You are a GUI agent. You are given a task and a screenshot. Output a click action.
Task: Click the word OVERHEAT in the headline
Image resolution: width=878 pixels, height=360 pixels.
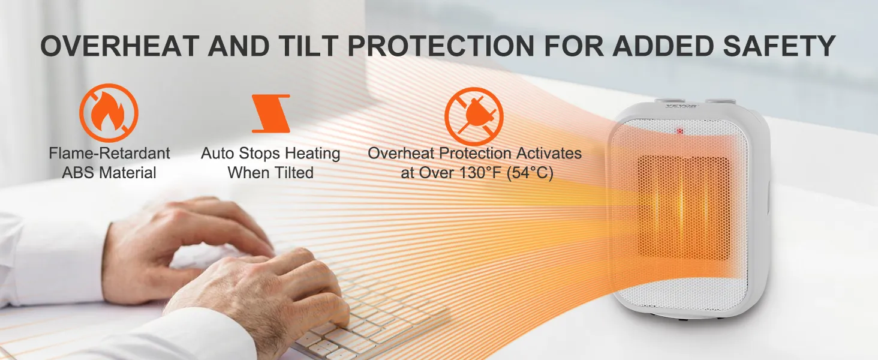pos(119,46)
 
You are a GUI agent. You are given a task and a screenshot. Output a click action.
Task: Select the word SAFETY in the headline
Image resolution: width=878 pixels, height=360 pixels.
pos(779,46)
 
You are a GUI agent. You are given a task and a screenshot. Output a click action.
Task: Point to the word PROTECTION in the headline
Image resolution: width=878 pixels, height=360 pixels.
pos(441,46)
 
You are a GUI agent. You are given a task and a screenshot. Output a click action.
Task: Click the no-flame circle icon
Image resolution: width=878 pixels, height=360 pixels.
pos(109,113)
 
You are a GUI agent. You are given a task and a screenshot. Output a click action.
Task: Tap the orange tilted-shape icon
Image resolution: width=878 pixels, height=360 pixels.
pos(271,113)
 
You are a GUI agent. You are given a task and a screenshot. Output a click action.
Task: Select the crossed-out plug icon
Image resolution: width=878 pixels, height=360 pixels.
pos(474,116)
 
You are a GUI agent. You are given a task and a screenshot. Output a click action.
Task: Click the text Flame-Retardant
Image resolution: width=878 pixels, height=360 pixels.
pos(109,153)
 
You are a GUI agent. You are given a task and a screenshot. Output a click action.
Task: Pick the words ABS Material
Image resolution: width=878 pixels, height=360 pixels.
pos(109,173)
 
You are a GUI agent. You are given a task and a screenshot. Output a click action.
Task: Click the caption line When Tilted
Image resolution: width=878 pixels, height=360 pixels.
pos(271,173)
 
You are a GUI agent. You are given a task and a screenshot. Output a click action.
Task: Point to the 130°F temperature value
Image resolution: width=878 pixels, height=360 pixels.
pos(479,173)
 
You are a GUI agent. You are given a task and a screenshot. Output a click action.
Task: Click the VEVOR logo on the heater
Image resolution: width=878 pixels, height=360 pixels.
pos(682,106)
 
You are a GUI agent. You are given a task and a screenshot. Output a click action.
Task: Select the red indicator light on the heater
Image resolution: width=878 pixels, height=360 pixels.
pos(680,131)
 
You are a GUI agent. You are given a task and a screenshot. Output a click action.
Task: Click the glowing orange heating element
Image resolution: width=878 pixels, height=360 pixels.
pos(683,208)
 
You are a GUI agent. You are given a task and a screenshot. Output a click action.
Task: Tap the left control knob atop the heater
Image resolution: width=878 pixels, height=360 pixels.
pos(669,101)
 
